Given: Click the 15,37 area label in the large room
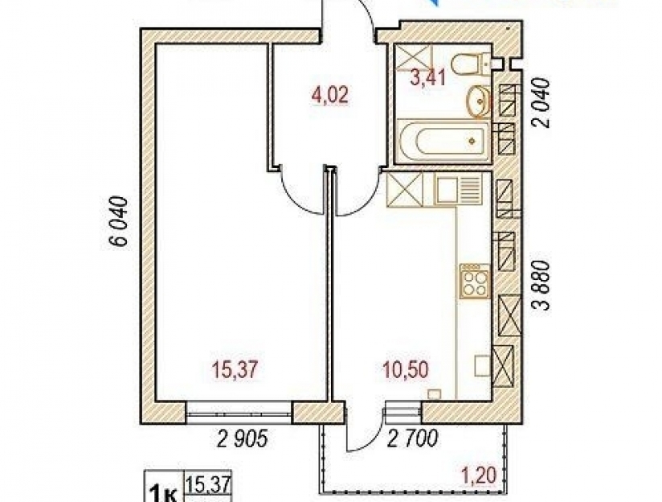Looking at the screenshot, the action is tap(235, 370).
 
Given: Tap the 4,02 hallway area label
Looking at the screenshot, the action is tap(329, 95).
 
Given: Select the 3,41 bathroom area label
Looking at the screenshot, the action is tap(428, 78).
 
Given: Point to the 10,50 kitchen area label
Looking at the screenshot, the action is tap(405, 370).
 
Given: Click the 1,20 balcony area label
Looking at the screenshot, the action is tap(478, 475).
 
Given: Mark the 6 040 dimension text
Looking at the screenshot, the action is tap(118, 220).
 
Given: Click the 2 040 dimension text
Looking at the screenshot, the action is tap(542, 103).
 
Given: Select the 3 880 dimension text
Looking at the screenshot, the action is tap(542, 286).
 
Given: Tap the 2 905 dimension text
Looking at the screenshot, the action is tap(243, 439).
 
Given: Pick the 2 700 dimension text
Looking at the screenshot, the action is tap(412, 439).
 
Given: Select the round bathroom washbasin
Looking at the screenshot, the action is tap(478, 101).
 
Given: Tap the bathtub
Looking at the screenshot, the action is tap(443, 141).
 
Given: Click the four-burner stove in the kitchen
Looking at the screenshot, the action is tap(475, 282).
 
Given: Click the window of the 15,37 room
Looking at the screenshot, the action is tap(239, 413).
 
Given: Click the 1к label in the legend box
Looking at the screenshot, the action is tap(162, 492).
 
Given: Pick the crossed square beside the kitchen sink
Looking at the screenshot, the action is tap(404, 191).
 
